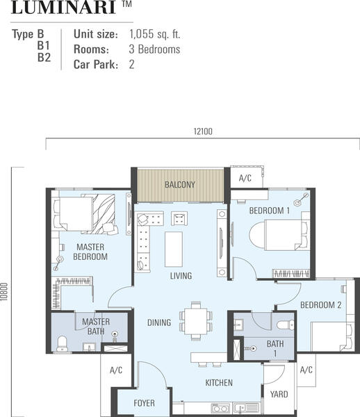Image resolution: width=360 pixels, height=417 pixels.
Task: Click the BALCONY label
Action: [180, 185]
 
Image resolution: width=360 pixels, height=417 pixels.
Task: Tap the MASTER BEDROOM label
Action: [90, 252]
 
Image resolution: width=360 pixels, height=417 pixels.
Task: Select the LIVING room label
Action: [181, 276]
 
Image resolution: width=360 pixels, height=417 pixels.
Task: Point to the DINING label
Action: [159, 322]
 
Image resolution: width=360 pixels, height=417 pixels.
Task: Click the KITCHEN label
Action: [219, 383]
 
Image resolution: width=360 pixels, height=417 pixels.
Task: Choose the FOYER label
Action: [144, 403]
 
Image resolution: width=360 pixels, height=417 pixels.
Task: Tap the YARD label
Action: [279, 394]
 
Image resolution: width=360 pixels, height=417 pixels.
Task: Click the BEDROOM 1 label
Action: [270, 211]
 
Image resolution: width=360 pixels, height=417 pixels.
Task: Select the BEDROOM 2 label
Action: [320, 305]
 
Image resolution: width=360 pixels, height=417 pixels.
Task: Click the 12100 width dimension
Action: [203, 131]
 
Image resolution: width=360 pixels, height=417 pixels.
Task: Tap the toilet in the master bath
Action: [63, 343]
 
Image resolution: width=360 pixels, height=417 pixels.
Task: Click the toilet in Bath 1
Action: [286, 325]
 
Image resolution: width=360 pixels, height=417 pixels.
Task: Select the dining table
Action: [197, 321]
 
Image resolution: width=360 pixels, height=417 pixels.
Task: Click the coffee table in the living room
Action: [174, 250]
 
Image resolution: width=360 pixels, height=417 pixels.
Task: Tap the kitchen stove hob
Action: [220, 408]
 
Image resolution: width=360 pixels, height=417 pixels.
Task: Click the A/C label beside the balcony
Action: [245, 178]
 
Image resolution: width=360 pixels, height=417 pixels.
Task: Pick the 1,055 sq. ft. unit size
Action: [155, 34]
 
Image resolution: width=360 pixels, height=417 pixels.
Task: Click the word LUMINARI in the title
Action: [63, 8]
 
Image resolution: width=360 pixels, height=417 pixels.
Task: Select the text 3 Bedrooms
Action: [154, 49]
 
